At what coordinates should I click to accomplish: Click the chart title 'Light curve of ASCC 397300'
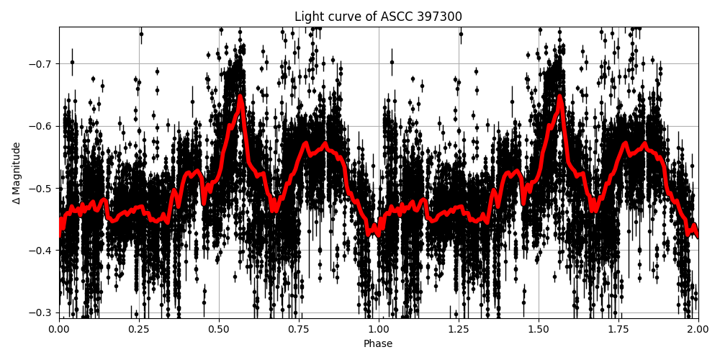[x=378, y=17]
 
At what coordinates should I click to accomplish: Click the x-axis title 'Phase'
[x=378, y=344]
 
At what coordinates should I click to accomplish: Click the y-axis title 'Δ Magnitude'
[x=17, y=173]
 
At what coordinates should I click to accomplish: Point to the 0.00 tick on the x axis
[x=59, y=329]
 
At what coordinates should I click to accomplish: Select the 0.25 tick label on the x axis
[x=139, y=329]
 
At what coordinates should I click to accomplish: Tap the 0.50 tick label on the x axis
[x=219, y=329]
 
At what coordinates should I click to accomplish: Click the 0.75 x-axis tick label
[x=299, y=329]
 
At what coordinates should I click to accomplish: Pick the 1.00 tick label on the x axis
[x=379, y=329]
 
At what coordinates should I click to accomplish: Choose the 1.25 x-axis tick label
[x=459, y=329]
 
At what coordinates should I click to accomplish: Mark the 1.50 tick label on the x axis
[x=539, y=329]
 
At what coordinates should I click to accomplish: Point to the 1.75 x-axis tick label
[x=618, y=329]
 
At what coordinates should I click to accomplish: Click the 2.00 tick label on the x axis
[x=698, y=329]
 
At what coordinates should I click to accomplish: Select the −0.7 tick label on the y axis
[x=42, y=63]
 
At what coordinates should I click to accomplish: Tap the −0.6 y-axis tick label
[x=42, y=126]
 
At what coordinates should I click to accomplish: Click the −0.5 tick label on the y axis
[x=42, y=188]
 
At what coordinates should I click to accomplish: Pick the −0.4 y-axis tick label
[x=42, y=251]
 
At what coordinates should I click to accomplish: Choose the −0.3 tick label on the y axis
[x=42, y=312]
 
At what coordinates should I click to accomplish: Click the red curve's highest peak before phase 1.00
[x=240, y=96]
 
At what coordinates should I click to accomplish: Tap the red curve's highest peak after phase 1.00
[x=560, y=96]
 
